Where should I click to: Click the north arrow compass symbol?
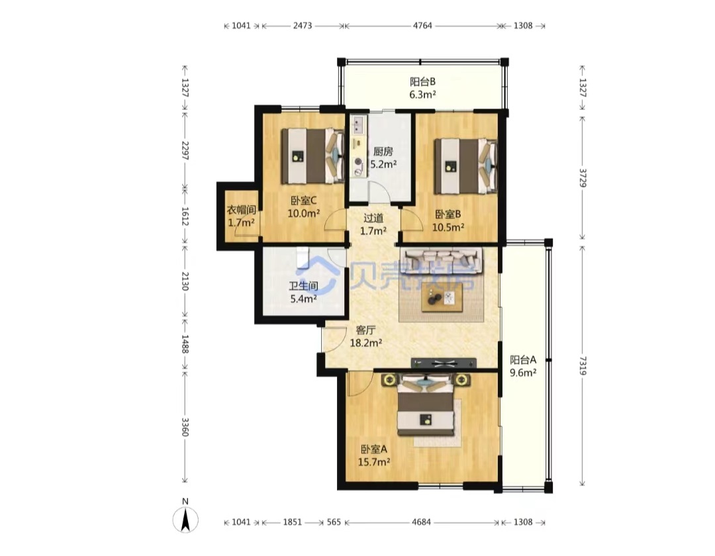click(185, 520)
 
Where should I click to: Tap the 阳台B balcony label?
click(422, 81)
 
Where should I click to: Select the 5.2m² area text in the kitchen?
click(383, 164)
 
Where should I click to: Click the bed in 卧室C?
click(312, 156)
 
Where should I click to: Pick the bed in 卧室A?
click(426, 404)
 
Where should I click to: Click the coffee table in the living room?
click(442, 298)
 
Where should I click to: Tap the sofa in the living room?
click(442, 261)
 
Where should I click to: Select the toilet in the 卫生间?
click(303, 258)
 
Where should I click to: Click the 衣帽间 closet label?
click(241, 210)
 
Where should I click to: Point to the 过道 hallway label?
click(373, 218)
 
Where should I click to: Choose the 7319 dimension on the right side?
click(583, 366)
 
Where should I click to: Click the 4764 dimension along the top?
click(422, 26)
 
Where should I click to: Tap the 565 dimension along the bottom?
click(334, 522)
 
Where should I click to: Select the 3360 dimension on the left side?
click(185, 426)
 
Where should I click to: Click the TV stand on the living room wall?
click(444, 363)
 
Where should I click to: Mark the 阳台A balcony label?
click(523, 359)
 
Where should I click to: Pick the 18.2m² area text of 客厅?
click(365, 343)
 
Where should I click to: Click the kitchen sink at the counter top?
click(359, 124)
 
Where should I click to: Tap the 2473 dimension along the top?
click(303, 26)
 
